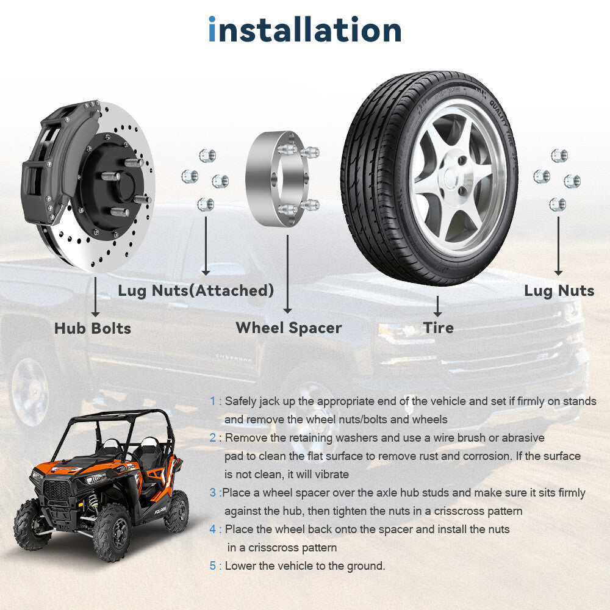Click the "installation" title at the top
(304, 29)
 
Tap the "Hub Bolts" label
(93, 328)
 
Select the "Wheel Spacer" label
(289, 328)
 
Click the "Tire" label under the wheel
(439, 328)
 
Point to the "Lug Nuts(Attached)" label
(196, 290)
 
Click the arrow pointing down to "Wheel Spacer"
(287, 274)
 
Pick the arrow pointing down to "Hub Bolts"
(95, 296)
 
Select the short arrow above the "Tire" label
(437, 306)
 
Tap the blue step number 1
(212, 401)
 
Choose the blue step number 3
(213, 492)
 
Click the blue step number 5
(213, 565)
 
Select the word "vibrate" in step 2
(328, 474)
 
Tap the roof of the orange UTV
(117, 415)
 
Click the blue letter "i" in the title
(212, 29)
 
